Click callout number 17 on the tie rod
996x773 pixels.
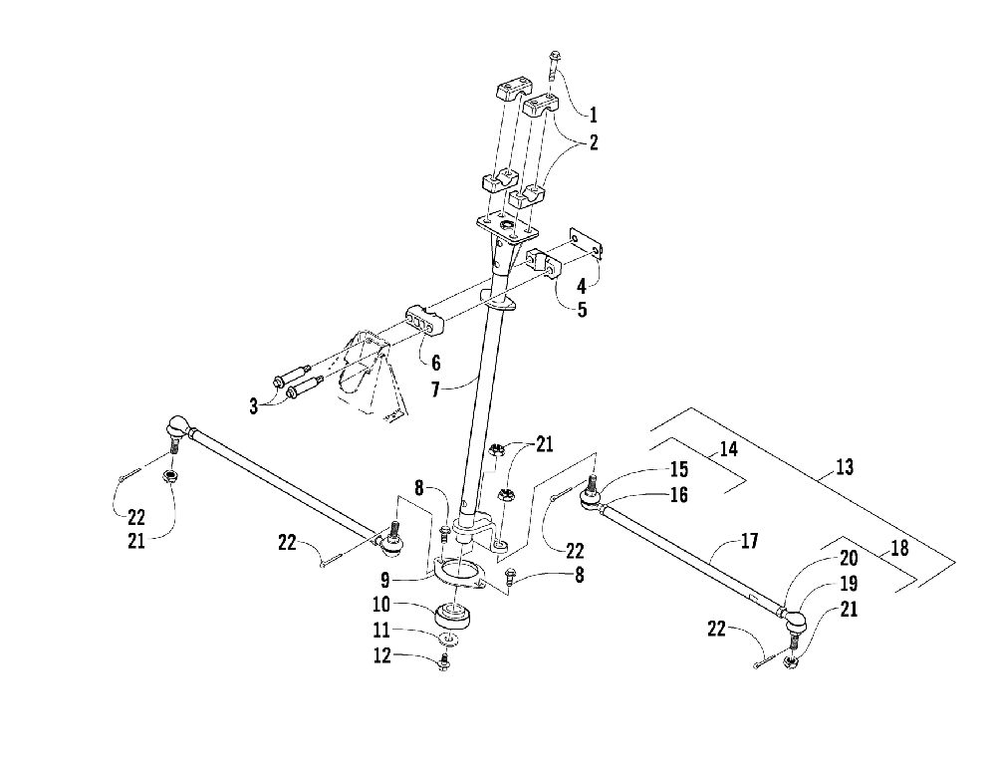point(749,541)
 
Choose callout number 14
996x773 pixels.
point(728,449)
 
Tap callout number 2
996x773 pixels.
point(593,141)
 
